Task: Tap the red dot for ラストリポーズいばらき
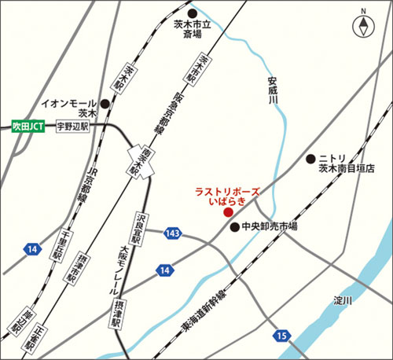click(x=228, y=212)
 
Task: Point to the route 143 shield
click(x=173, y=233)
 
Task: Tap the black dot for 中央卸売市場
click(x=234, y=227)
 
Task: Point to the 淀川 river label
click(x=342, y=300)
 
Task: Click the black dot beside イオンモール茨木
click(x=104, y=103)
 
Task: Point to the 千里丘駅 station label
click(x=58, y=243)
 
